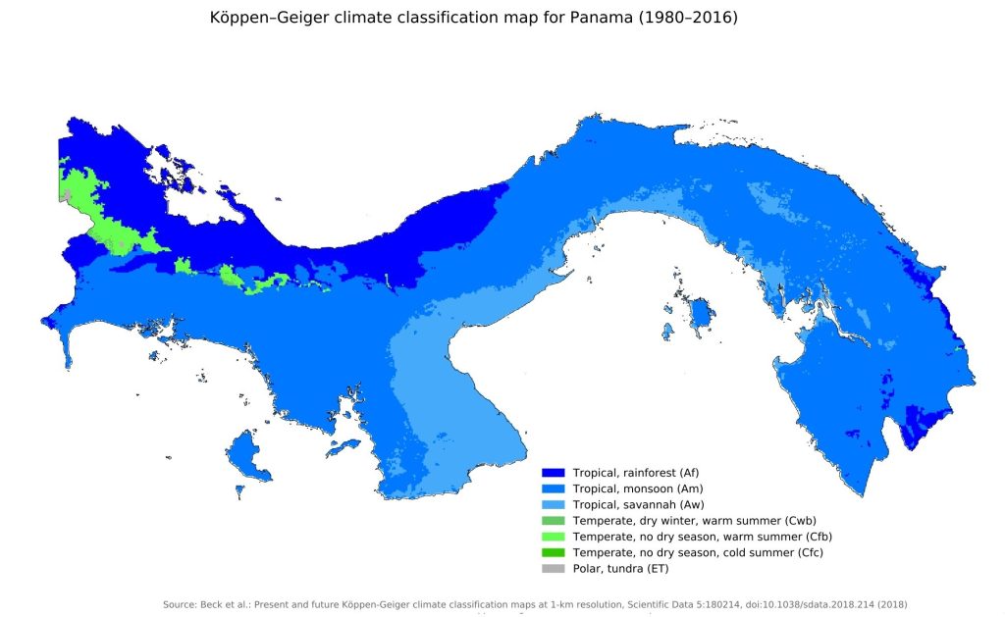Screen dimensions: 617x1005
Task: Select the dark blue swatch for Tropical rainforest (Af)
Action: point(554,472)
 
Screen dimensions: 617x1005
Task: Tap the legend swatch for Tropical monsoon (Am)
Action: point(554,488)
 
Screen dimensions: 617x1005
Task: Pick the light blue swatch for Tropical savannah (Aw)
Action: point(554,504)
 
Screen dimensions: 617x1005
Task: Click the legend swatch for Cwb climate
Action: point(554,520)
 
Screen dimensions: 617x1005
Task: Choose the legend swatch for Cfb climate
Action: point(554,537)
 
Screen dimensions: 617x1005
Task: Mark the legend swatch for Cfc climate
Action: point(554,552)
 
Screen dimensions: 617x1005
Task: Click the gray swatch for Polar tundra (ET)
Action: point(554,569)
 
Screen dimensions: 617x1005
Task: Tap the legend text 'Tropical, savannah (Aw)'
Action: point(639,504)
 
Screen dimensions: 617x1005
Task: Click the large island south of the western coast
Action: point(249,458)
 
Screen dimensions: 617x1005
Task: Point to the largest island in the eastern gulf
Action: point(700,315)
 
